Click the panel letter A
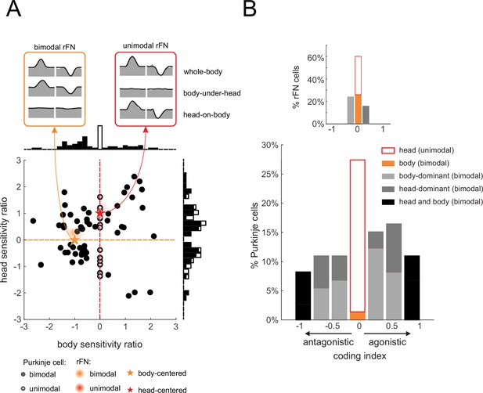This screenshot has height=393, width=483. (x=14, y=9)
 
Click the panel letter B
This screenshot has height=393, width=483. (x=250, y=9)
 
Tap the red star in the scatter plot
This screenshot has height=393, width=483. (x=99, y=213)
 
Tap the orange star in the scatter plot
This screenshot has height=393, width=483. (x=74, y=240)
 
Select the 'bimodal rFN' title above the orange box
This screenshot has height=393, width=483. (x=55, y=47)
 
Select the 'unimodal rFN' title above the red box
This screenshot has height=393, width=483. (x=146, y=46)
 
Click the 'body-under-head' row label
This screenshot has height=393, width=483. (x=212, y=93)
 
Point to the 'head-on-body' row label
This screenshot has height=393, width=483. (x=207, y=115)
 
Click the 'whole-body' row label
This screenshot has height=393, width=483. (x=203, y=72)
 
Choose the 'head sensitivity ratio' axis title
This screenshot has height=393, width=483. (x=4, y=240)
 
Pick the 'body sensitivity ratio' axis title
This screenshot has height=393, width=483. (x=99, y=344)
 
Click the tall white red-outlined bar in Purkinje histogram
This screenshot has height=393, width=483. (x=357, y=236)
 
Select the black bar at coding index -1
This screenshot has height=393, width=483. (x=303, y=296)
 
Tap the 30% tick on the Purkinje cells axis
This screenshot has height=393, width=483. (x=270, y=145)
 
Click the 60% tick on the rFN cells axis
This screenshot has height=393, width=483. (x=315, y=58)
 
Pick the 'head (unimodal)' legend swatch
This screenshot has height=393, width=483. (x=388, y=150)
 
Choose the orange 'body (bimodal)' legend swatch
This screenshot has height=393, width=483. (x=388, y=163)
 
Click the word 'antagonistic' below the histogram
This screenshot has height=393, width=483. (x=328, y=342)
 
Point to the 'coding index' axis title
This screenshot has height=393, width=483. (x=360, y=356)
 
